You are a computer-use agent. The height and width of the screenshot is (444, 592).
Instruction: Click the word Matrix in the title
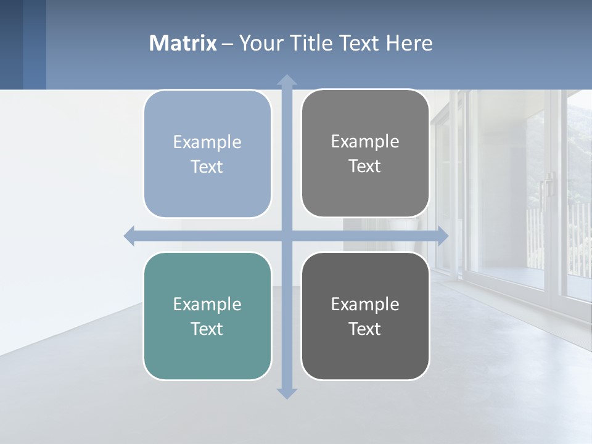183,43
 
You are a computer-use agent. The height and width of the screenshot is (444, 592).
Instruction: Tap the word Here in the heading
409,43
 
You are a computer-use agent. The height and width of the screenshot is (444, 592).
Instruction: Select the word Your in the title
257,43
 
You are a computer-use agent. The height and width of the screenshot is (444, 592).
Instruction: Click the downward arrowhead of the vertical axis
287,393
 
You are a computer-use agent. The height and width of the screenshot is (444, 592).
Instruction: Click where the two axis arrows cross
287,236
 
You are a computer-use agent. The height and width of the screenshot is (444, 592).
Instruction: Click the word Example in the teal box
207,304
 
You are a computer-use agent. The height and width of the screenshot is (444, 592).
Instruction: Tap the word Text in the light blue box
207,166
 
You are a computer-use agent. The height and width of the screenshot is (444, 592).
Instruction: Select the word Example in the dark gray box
365,304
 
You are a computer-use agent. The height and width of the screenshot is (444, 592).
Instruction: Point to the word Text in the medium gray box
365,166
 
